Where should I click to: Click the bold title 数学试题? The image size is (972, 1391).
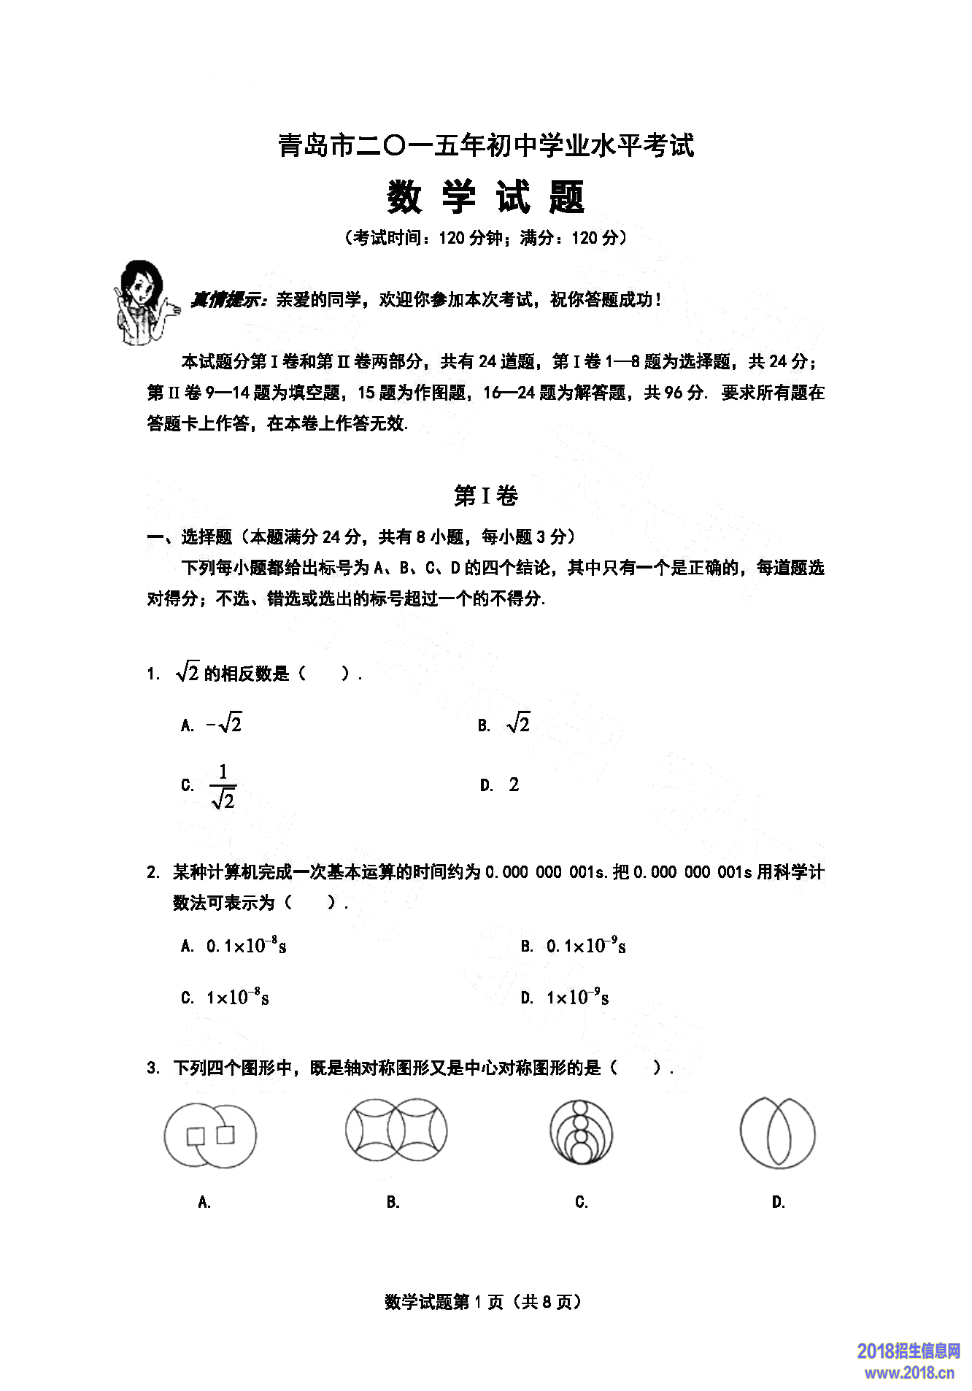click(x=485, y=197)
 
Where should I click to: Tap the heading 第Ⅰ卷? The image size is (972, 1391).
click(x=485, y=496)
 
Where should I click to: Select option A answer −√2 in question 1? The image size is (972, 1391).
click(x=224, y=724)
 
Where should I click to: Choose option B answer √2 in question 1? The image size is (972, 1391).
click(x=518, y=724)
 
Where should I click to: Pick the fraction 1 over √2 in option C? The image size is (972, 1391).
click(x=223, y=786)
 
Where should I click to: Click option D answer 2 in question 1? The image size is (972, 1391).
click(x=514, y=785)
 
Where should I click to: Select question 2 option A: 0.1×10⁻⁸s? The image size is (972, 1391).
click(x=246, y=946)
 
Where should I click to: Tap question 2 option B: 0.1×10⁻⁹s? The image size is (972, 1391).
click(x=586, y=946)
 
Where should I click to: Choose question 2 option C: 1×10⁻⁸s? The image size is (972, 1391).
click(x=237, y=997)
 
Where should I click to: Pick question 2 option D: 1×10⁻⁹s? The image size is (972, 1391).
click(x=577, y=997)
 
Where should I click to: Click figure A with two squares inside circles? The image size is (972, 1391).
click(x=210, y=1136)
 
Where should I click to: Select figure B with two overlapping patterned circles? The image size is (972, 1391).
click(x=396, y=1130)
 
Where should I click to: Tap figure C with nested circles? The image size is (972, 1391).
click(x=581, y=1133)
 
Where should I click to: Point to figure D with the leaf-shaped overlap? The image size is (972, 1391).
click(x=777, y=1133)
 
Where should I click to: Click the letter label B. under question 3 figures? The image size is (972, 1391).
click(x=393, y=1202)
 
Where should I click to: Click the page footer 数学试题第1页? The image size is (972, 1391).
click(x=483, y=1302)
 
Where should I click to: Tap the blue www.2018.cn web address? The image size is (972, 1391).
click(x=909, y=1372)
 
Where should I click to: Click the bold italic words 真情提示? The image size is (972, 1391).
click(x=229, y=300)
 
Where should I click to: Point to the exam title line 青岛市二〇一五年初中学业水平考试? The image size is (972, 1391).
click(x=485, y=146)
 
